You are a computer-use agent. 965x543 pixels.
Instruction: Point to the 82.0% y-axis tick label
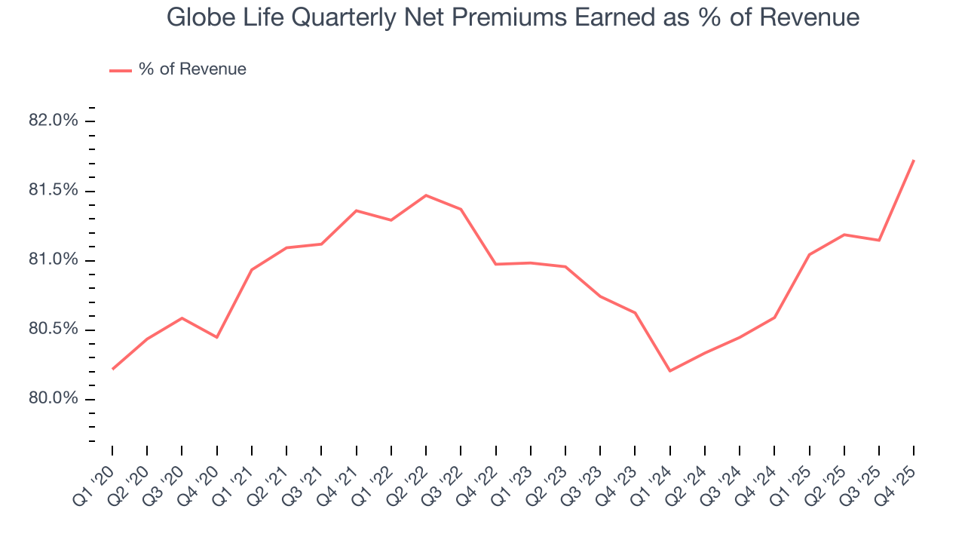pos(53,121)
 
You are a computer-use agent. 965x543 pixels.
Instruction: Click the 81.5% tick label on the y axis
pos(53,190)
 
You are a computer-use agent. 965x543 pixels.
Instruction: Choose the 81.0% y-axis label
pos(53,260)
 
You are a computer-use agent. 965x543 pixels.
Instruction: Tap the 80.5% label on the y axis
pos(53,330)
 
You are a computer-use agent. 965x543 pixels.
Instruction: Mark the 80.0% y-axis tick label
pos(53,399)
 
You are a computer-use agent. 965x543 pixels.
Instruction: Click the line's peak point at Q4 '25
pos(914,160)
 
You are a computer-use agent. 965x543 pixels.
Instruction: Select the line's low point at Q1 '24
pos(669,371)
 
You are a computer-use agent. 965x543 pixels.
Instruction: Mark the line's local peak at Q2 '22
pos(426,195)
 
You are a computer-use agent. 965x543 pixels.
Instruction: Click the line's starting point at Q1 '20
pos(112,369)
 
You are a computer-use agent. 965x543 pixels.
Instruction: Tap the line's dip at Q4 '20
pos(217,337)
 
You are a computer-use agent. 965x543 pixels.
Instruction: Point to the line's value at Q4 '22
pos(495,264)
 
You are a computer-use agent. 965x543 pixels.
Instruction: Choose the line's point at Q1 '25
pos(809,254)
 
